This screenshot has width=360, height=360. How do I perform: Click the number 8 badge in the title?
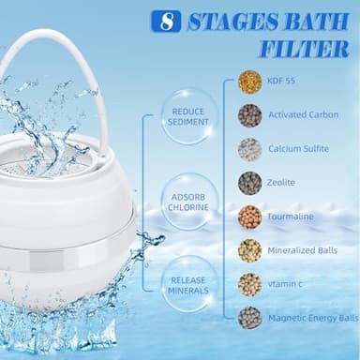168,21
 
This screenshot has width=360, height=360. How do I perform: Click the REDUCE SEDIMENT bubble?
187,116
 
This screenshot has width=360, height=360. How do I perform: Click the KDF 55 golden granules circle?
249,82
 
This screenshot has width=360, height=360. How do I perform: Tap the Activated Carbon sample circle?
249,115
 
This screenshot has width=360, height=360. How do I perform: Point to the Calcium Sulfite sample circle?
249,149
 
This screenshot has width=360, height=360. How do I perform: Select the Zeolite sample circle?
249,183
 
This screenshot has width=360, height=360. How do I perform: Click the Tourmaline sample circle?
249,217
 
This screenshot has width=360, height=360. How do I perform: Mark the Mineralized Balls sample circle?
249,250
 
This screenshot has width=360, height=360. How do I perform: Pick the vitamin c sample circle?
249,284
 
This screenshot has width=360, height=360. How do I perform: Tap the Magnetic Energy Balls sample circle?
249,318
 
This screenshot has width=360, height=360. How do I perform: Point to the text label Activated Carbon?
305,115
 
